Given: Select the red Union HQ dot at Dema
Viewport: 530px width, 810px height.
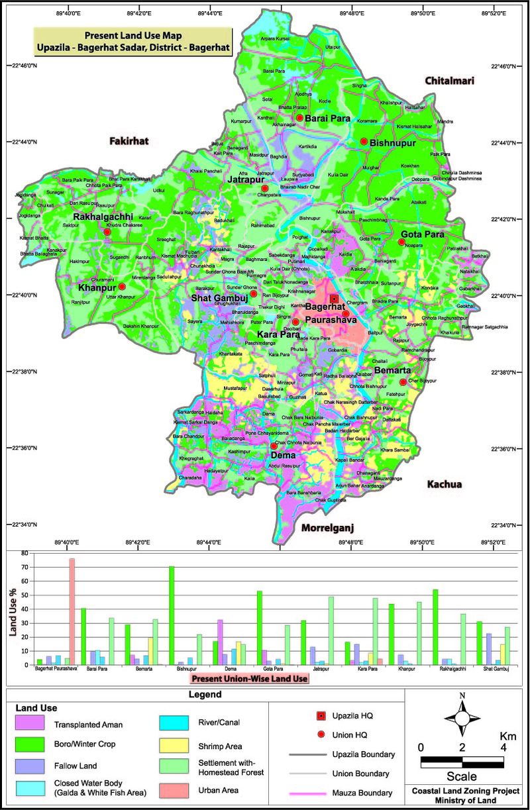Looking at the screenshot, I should (274, 446).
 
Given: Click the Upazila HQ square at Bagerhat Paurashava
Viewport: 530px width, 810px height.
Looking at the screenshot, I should (334, 299).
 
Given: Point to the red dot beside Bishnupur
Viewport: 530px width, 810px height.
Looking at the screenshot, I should (364, 141).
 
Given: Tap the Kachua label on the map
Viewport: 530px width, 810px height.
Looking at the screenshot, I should (444, 484).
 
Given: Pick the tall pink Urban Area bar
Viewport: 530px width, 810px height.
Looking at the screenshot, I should (72, 611).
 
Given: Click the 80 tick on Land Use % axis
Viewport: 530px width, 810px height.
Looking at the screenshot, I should (24, 553).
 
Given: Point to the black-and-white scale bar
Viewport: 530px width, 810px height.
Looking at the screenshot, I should (462, 762).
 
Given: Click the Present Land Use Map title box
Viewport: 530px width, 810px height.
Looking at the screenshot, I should (132, 41).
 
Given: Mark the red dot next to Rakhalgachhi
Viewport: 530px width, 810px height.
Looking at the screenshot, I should (107, 232).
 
